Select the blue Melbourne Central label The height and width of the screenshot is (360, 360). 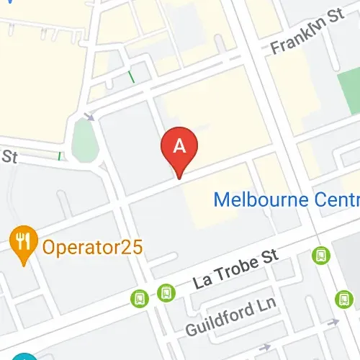[288, 198]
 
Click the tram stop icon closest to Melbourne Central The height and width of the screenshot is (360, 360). [320, 254]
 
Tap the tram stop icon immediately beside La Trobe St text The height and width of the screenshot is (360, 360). [166, 292]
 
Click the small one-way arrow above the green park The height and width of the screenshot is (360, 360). [89, 115]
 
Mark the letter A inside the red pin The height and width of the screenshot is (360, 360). [181, 145]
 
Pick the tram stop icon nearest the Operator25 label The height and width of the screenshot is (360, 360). [139, 297]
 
